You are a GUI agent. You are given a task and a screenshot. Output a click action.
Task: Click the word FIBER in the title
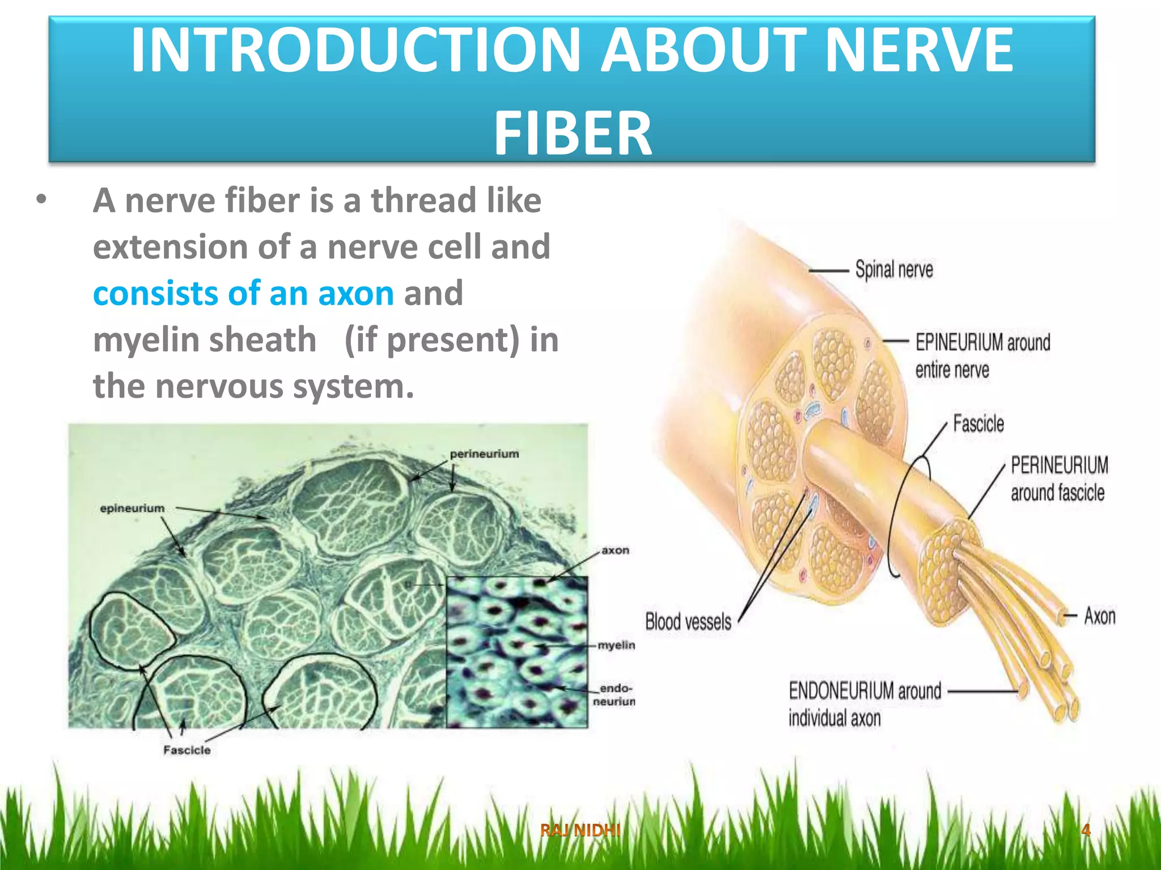point(573,134)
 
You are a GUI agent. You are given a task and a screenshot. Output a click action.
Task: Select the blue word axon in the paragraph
point(355,293)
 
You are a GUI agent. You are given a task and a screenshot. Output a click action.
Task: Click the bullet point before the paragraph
point(41,200)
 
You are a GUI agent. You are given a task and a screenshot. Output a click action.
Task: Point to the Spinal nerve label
point(893,270)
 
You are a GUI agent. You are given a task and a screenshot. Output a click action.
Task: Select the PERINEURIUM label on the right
point(1059,466)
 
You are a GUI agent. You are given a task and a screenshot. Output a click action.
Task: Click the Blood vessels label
point(688,621)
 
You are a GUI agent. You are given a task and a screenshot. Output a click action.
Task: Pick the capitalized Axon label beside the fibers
point(1099,616)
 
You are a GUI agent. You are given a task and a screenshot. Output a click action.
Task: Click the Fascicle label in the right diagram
point(978,424)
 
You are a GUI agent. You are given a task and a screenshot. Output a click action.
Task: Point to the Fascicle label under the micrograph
point(187,750)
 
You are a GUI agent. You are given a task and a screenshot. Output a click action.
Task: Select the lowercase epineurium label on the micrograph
point(132,508)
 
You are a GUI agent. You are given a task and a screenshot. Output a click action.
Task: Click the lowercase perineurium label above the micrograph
point(484,454)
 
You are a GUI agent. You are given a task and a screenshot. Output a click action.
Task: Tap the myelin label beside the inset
point(616,645)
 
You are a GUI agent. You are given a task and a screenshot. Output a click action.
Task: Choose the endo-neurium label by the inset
point(615,694)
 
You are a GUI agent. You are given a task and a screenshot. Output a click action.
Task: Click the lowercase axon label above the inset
point(615,550)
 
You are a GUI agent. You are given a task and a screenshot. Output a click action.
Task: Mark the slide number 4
point(1086,830)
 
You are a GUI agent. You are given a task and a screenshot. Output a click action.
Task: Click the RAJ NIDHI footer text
point(580,830)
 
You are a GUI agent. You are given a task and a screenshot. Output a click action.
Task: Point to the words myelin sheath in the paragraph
point(205,340)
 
